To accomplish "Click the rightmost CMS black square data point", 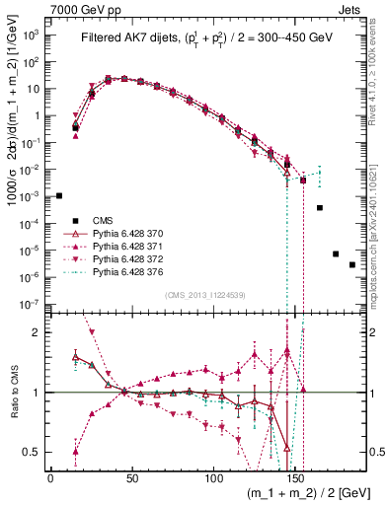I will point(352,292).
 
